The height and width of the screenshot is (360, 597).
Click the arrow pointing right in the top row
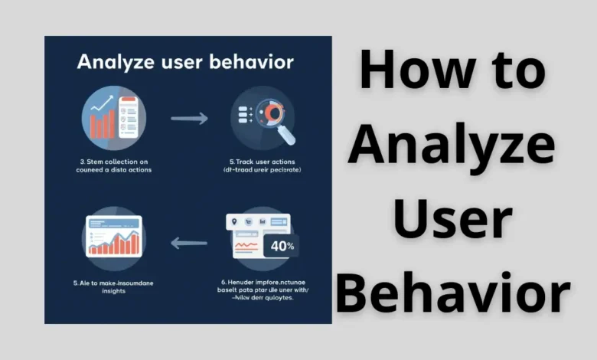click(189, 119)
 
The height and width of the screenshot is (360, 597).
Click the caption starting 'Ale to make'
click(116, 283)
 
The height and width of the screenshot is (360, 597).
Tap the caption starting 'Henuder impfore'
click(263, 283)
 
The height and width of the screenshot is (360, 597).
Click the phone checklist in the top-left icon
click(128, 118)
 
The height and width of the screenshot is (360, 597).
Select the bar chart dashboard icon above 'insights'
click(113, 235)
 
